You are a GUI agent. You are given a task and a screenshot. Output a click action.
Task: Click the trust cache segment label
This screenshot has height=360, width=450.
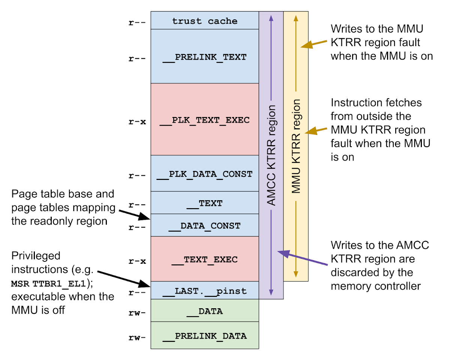pyautogui.click(x=205, y=21)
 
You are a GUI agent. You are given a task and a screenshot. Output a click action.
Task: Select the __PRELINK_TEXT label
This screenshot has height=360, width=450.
pyautogui.click(x=205, y=57)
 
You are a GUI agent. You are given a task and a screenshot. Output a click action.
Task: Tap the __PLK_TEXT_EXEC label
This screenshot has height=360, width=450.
pyautogui.click(x=205, y=120)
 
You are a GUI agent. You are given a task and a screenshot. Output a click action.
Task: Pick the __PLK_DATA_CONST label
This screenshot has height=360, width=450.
pyautogui.click(x=205, y=174)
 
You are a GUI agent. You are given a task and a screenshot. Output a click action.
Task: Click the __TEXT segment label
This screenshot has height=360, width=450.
pyautogui.click(x=205, y=203)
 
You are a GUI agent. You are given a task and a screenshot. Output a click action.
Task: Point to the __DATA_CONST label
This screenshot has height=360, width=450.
pyautogui.click(x=205, y=226)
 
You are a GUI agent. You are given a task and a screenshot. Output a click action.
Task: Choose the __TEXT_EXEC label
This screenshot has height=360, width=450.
pyautogui.click(x=205, y=259)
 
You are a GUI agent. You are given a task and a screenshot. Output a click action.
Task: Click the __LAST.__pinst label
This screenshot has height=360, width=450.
pyautogui.click(x=205, y=291)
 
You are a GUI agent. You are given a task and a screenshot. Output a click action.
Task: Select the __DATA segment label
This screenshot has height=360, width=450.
pyautogui.click(x=205, y=311)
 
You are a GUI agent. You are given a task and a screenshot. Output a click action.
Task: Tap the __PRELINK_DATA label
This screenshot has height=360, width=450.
pyautogui.click(x=205, y=336)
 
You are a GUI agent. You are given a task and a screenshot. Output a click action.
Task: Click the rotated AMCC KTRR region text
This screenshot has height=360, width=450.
pyautogui.click(x=271, y=155)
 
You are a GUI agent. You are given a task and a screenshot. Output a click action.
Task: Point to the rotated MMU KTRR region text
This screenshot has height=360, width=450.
pyautogui.click(x=296, y=146)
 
